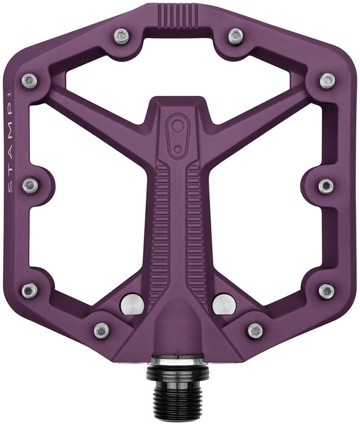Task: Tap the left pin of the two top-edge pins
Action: pos(122,36)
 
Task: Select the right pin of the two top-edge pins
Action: pos(235,36)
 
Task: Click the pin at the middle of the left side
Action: pos(30,185)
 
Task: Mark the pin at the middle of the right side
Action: pos(326,185)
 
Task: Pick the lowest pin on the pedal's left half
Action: pos(101,330)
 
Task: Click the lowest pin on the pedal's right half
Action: pos(256,330)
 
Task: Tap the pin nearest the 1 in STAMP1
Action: pos(29,80)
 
